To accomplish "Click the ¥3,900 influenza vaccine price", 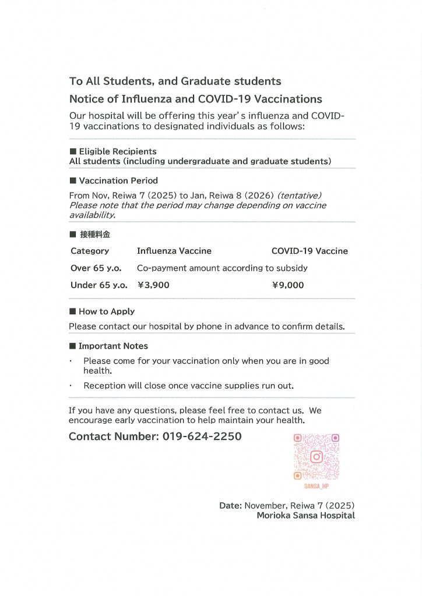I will (x=154, y=285).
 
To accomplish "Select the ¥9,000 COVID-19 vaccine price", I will (x=288, y=285).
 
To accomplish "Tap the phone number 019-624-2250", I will (x=202, y=436).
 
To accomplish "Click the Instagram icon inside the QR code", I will (x=316, y=456).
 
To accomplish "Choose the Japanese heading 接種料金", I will (x=94, y=235).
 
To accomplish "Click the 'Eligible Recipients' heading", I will (x=117, y=151).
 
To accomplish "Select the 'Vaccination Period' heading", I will (x=118, y=180).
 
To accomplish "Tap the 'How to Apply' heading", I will (x=106, y=311).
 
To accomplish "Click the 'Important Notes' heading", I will (x=113, y=346).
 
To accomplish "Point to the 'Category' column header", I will (x=90, y=251).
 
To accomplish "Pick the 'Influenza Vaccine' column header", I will (x=174, y=251).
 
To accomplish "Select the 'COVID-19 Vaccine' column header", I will (x=310, y=251).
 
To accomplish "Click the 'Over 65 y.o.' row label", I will (x=96, y=268).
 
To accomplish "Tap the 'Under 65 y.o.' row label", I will (x=99, y=285).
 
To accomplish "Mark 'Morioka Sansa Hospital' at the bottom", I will (x=305, y=515).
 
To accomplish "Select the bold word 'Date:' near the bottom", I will (x=230, y=505).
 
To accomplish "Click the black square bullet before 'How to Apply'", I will (x=73, y=311).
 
